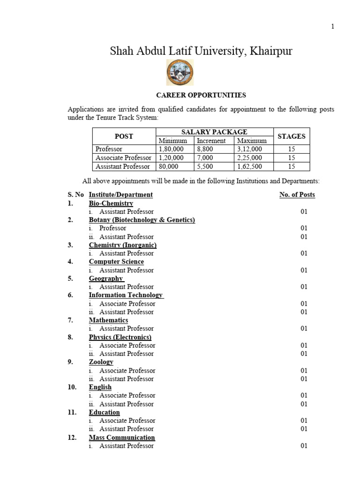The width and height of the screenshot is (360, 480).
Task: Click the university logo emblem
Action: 180,73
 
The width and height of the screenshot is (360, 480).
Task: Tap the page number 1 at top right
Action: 333,27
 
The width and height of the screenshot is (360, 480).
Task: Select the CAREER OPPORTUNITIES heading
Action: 201,95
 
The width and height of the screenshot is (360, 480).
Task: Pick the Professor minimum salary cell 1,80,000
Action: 171,149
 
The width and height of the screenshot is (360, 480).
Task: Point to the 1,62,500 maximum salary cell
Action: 250,166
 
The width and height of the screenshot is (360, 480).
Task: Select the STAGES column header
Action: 291,136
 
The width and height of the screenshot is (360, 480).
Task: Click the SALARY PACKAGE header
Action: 214,132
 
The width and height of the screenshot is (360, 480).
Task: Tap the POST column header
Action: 124,136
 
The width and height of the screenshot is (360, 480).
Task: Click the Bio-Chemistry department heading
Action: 111,203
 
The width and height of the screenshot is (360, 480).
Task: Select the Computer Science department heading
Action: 116,262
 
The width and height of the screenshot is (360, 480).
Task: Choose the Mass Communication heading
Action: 122,437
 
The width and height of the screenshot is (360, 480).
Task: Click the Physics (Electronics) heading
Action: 120,337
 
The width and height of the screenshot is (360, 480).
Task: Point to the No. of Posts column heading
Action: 297,195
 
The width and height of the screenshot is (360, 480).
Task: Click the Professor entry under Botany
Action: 112,228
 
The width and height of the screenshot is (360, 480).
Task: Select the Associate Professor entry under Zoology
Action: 127,370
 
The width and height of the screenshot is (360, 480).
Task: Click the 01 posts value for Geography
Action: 304,287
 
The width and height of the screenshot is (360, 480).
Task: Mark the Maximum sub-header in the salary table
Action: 252,141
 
